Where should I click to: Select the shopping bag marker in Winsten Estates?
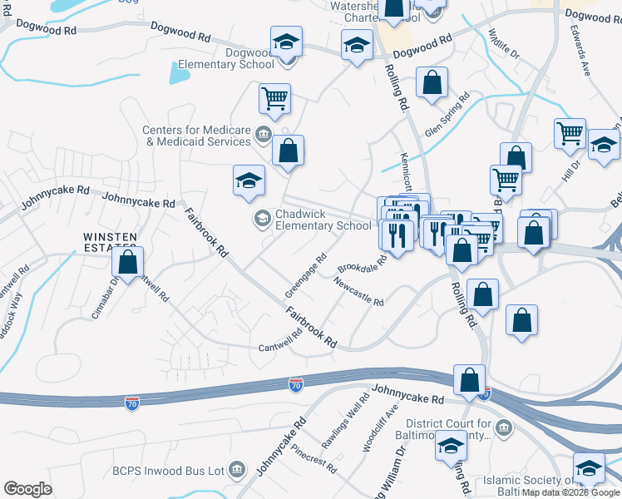click(x=127, y=263)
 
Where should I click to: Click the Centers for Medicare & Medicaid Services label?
click(x=196, y=136)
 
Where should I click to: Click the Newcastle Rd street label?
click(x=358, y=292)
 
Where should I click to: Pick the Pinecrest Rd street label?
click(x=313, y=457)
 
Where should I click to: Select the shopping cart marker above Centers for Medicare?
click(x=274, y=99)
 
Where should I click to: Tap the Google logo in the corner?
click(x=27, y=488)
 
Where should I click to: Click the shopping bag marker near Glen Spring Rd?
click(x=432, y=82)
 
